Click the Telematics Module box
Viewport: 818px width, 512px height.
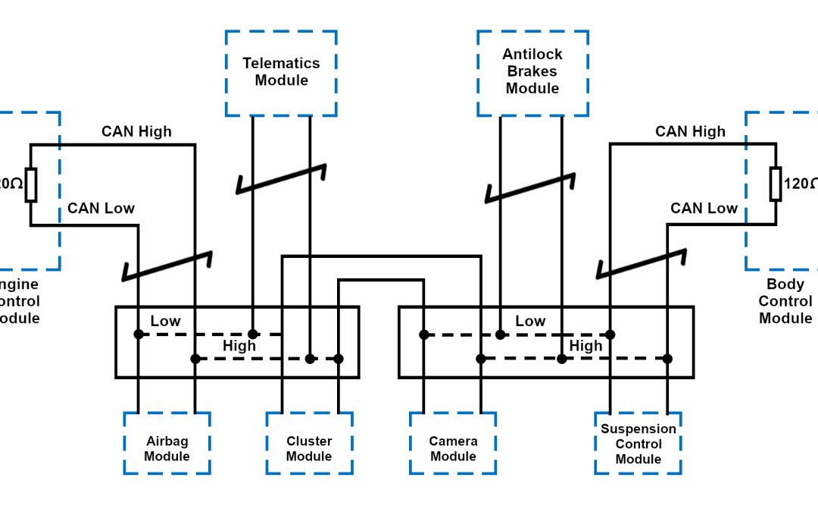coord(281,73)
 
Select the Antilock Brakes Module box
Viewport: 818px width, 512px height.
coord(532,72)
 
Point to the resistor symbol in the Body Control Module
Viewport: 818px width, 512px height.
coord(776,184)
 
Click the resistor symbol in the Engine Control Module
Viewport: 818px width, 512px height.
coord(30,184)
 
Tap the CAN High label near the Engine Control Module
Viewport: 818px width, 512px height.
coord(136,132)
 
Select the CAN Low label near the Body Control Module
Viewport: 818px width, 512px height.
coord(704,209)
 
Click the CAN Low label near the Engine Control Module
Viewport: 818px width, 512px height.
coord(101,209)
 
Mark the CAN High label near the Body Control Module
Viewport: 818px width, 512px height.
coord(690,132)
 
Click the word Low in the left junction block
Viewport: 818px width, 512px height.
coord(165,322)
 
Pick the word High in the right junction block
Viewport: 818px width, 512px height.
coord(585,346)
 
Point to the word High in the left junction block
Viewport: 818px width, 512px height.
coord(239,346)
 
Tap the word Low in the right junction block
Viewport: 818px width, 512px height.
coord(530,322)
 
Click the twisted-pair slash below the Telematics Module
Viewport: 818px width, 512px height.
coord(282,179)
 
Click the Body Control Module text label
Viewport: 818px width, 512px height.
coord(785,301)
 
